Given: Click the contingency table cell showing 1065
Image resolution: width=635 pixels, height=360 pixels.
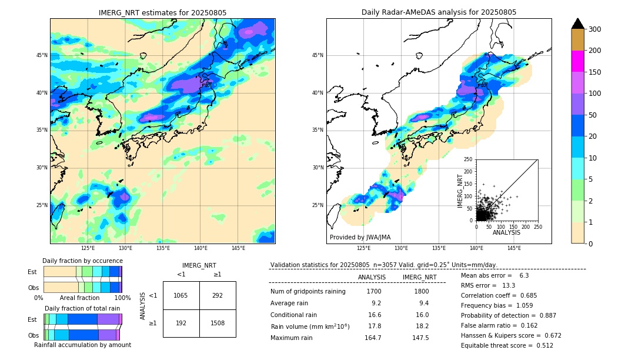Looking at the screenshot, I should [181, 295].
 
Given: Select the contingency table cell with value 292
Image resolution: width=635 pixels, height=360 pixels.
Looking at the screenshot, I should [218, 295].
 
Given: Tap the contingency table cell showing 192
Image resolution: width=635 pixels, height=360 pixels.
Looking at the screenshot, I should [181, 323].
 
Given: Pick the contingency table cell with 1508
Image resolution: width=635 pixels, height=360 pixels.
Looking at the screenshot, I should [218, 323].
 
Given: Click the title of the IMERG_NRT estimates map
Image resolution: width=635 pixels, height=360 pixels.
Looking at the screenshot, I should [162, 12].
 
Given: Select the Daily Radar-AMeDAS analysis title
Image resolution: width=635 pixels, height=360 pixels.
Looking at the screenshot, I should [439, 12].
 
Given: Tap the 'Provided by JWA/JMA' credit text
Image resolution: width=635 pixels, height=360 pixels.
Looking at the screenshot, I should [360, 238].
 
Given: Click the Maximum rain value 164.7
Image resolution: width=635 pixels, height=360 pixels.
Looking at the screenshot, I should [372, 338].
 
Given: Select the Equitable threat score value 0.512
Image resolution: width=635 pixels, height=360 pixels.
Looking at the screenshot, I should [541, 345].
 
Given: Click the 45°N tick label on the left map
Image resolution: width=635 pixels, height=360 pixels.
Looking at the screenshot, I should [42, 55].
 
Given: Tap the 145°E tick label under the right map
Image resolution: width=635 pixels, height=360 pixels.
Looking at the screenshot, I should [514, 249].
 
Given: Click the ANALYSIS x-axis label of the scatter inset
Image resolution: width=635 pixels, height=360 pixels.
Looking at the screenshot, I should [507, 232].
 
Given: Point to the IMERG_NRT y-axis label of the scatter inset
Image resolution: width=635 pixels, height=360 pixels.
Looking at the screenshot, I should [460, 189].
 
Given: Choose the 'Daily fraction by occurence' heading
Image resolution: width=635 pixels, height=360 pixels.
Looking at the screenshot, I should [82, 261].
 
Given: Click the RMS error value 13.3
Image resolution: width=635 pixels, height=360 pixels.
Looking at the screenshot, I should [509, 285].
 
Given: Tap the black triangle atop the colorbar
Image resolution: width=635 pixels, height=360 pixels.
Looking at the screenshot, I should [578, 24].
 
